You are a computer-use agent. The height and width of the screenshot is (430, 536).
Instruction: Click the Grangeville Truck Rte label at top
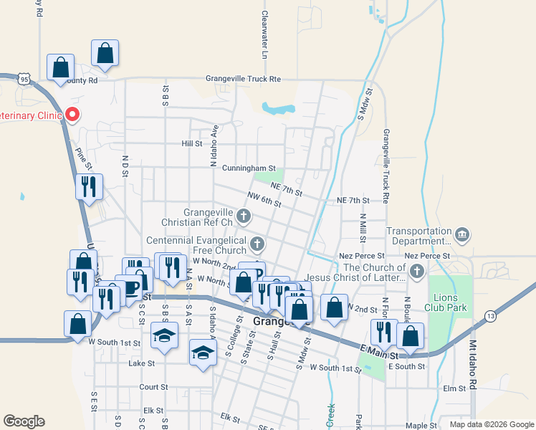tap(243, 78)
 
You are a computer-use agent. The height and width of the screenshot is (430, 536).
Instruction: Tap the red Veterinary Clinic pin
tap(72, 114)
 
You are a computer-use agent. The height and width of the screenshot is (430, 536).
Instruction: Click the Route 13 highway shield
tap(490, 316)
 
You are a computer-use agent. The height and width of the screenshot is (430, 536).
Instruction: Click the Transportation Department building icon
tap(462, 234)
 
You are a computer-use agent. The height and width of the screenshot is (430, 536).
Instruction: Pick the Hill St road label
tap(191, 143)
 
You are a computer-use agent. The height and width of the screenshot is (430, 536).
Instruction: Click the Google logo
tap(24, 421)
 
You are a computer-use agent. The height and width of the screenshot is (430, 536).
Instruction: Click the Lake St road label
tap(141, 364)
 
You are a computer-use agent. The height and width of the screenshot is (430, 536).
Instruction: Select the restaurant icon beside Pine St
tap(90, 187)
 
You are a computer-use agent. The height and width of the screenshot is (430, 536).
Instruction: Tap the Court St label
tap(153, 386)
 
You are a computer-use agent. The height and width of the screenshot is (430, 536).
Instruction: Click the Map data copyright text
tap(491, 424)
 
